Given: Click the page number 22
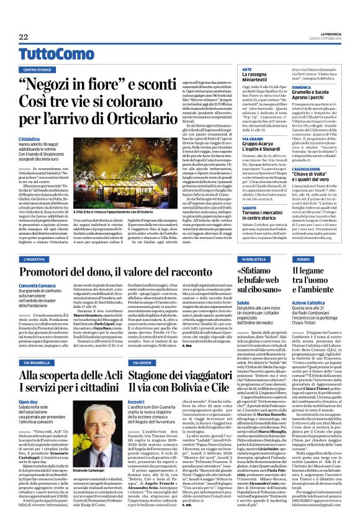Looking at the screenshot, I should click(x=22, y=36).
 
